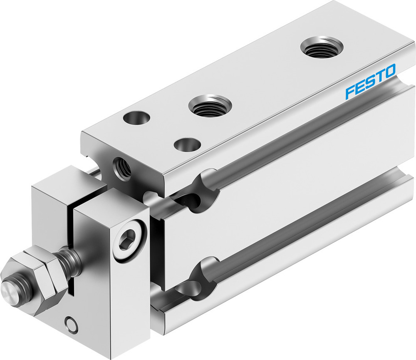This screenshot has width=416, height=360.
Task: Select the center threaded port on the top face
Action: point(210,106)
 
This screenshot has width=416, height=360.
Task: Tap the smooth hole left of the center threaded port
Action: point(136,118)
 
